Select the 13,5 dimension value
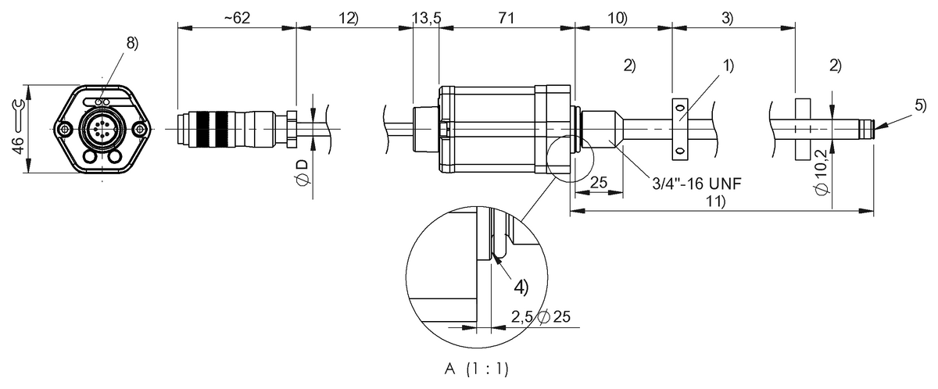(x=425, y=19)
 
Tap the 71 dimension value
(x=506, y=19)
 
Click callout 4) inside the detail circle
(x=521, y=286)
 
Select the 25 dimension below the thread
(x=598, y=182)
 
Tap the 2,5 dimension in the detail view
(x=522, y=318)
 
